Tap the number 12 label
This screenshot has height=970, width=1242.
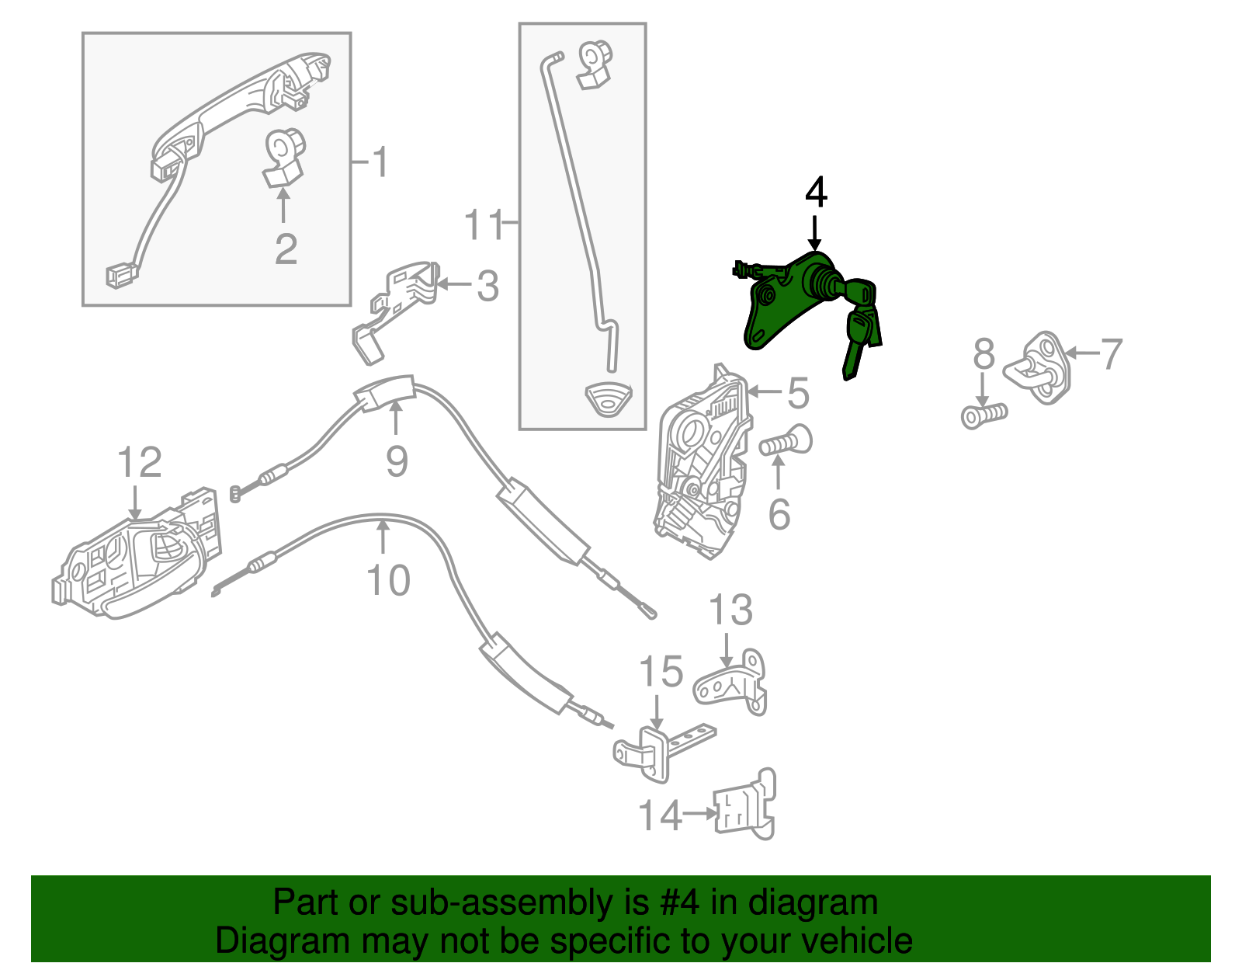pos(140,462)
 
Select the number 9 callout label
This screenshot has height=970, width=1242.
pos(397,462)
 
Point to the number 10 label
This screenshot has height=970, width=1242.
pos(388,581)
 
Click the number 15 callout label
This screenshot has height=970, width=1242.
pos(661,671)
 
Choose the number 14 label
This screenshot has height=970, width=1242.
pos(660,815)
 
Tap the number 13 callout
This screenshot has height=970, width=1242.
pos(731,610)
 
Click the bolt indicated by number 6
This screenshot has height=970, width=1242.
pos(786,442)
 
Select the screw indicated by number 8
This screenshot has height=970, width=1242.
pos(984,415)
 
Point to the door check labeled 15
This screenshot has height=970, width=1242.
pos(663,750)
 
